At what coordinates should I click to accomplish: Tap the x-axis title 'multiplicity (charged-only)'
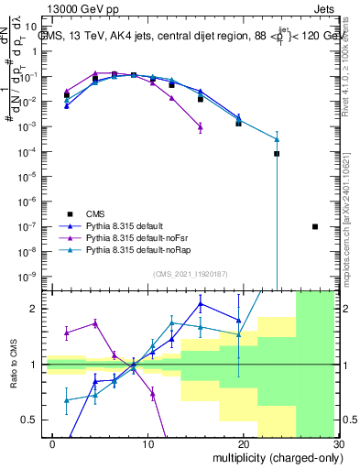tap(272, 455)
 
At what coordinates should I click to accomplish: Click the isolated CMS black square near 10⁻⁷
tap(315, 226)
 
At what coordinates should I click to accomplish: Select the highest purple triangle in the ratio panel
tap(95, 322)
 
